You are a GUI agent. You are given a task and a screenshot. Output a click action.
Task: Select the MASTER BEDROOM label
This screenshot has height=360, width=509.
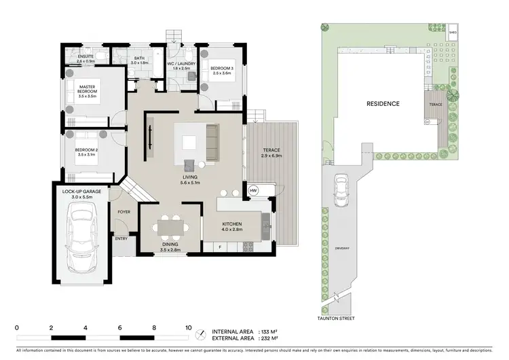point(87,92)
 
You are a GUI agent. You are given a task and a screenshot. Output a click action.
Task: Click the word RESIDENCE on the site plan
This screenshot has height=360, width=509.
point(383,104)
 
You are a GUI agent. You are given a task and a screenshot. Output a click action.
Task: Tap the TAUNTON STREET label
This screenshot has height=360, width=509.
point(340,318)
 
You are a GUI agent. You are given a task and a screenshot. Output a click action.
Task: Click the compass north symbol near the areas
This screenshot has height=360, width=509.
point(200,334)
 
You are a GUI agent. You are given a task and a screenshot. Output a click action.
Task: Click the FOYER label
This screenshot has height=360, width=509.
point(123,212)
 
